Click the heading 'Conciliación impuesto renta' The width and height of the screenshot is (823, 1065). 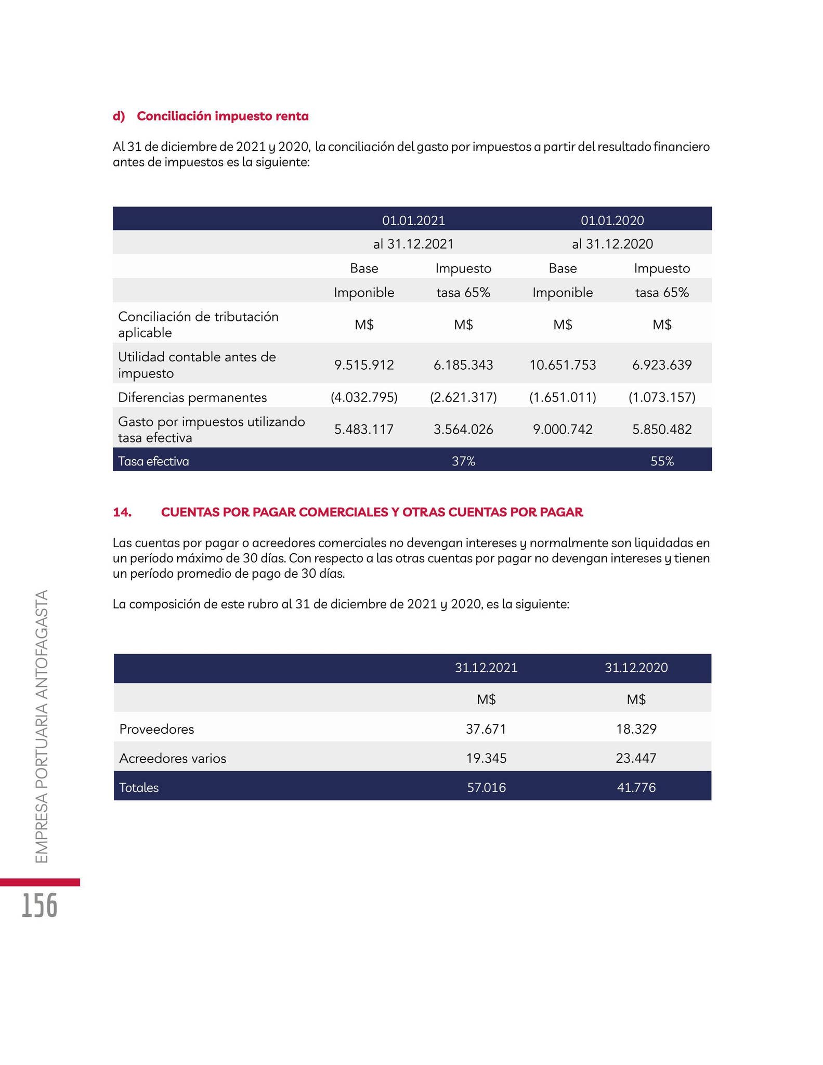coord(223,116)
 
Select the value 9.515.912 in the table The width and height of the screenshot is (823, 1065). coord(364,365)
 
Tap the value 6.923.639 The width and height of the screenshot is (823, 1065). coord(662,365)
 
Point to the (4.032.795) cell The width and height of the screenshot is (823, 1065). coord(364,397)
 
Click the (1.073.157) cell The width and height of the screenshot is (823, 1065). coord(662,397)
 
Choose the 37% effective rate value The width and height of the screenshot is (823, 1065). coord(463,461)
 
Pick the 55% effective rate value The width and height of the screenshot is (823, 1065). coord(662,461)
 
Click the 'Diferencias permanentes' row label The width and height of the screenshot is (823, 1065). coord(192,397)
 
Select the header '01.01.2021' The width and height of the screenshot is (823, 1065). coord(413,220)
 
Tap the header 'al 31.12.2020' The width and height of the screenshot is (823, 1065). coord(612,243)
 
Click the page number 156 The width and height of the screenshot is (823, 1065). coord(40,905)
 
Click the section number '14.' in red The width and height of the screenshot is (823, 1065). coord(122,512)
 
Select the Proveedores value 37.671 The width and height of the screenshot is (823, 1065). coord(486,729)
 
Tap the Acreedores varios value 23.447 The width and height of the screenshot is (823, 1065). coord(636,758)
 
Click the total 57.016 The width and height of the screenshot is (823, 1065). coord(486,787)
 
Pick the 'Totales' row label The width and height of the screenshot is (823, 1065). coord(139,787)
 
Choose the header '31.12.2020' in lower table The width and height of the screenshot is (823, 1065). coord(636,668)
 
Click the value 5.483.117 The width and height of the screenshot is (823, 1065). coord(364,430)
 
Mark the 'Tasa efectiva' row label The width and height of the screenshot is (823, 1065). coord(153,461)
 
